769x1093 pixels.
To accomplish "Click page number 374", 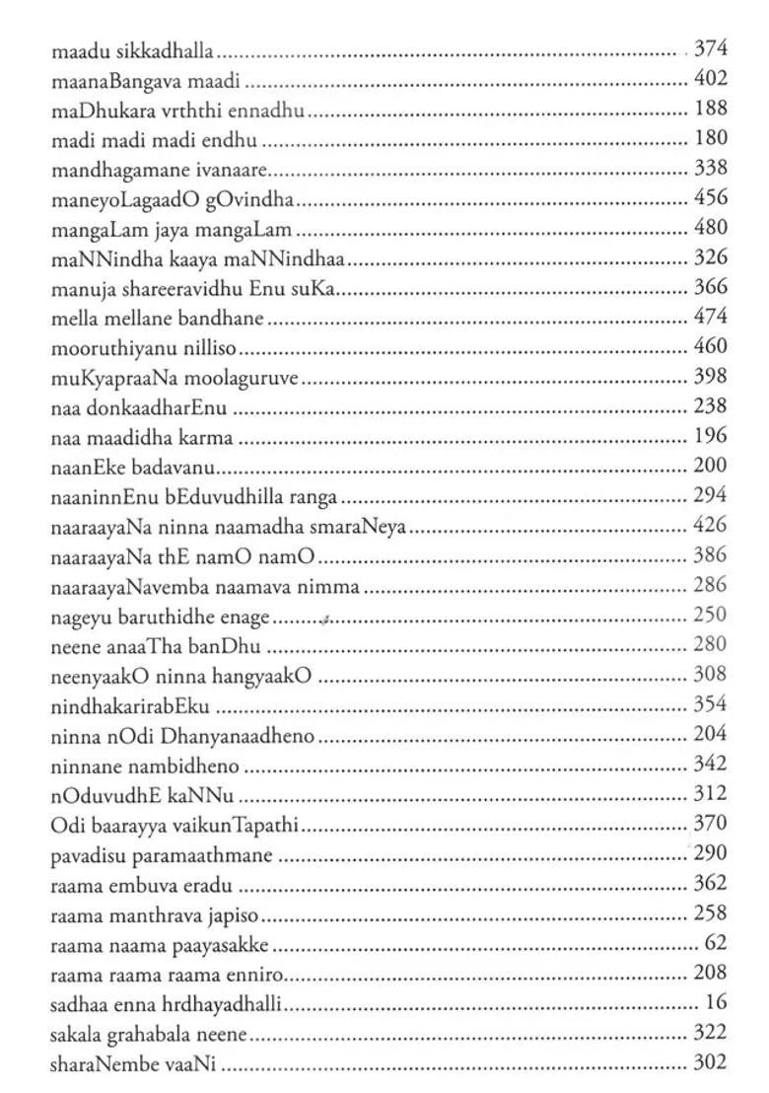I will pos(711,47).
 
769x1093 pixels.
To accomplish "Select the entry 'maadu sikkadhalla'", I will pos(133,48).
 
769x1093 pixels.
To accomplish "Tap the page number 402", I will pos(711,78).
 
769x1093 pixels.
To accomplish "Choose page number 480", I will pos(711,228).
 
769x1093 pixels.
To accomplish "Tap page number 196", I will pos(711,436).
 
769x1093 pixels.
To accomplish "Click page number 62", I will pos(716,943).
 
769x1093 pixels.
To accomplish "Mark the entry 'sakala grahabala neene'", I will pos(150,1033).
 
